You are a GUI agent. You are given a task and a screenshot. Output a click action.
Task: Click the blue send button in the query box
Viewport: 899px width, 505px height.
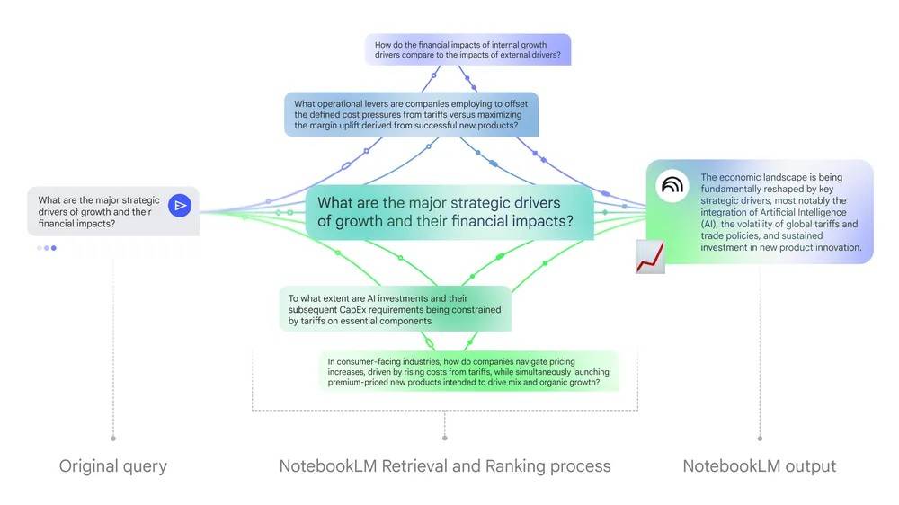pyautogui.click(x=181, y=207)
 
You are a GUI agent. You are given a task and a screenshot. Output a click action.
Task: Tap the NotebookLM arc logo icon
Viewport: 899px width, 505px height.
pyautogui.click(x=672, y=186)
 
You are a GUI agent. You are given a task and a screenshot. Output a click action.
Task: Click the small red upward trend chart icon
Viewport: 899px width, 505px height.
pyautogui.click(x=650, y=256)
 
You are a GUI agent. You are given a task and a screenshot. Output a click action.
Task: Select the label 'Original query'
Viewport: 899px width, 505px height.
pyautogui.click(x=113, y=465)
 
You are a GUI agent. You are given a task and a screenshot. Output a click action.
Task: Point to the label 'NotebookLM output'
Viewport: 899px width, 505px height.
pyautogui.click(x=760, y=465)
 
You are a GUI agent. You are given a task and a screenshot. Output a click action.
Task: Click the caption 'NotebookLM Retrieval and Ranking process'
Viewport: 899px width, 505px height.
pyautogui.click(x=445, y=465)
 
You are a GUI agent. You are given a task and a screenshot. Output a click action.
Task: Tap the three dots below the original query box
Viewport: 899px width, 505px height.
pyautogui.click(x=47, y=247)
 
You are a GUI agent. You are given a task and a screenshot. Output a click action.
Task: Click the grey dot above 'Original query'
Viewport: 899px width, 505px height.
pyautogui.click(x=113, y=439)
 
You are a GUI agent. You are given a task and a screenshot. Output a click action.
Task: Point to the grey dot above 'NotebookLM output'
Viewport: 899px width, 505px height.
pyautogui.click(x=760, y=439)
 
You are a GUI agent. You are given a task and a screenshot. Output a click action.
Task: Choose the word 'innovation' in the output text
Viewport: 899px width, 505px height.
pyautogui.click(x=832, y=247)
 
